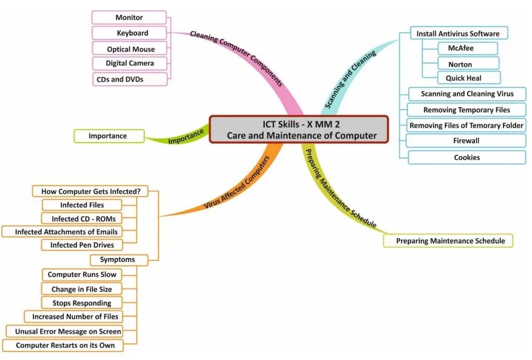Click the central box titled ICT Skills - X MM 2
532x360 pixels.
298,129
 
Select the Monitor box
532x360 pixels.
129,18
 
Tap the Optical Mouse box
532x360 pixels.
131,49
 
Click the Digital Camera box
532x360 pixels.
129,63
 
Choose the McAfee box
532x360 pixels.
468,49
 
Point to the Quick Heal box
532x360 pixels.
468,78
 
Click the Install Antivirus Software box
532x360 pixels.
458,33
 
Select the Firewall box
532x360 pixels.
466,141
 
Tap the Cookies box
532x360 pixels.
466,157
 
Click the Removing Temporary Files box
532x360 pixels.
466,110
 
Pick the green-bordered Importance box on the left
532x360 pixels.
108,136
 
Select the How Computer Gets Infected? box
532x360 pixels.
90,191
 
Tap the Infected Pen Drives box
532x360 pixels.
82,245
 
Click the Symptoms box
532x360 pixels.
117,260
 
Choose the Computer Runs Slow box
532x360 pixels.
82,274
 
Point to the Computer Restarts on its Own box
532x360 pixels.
65,345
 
